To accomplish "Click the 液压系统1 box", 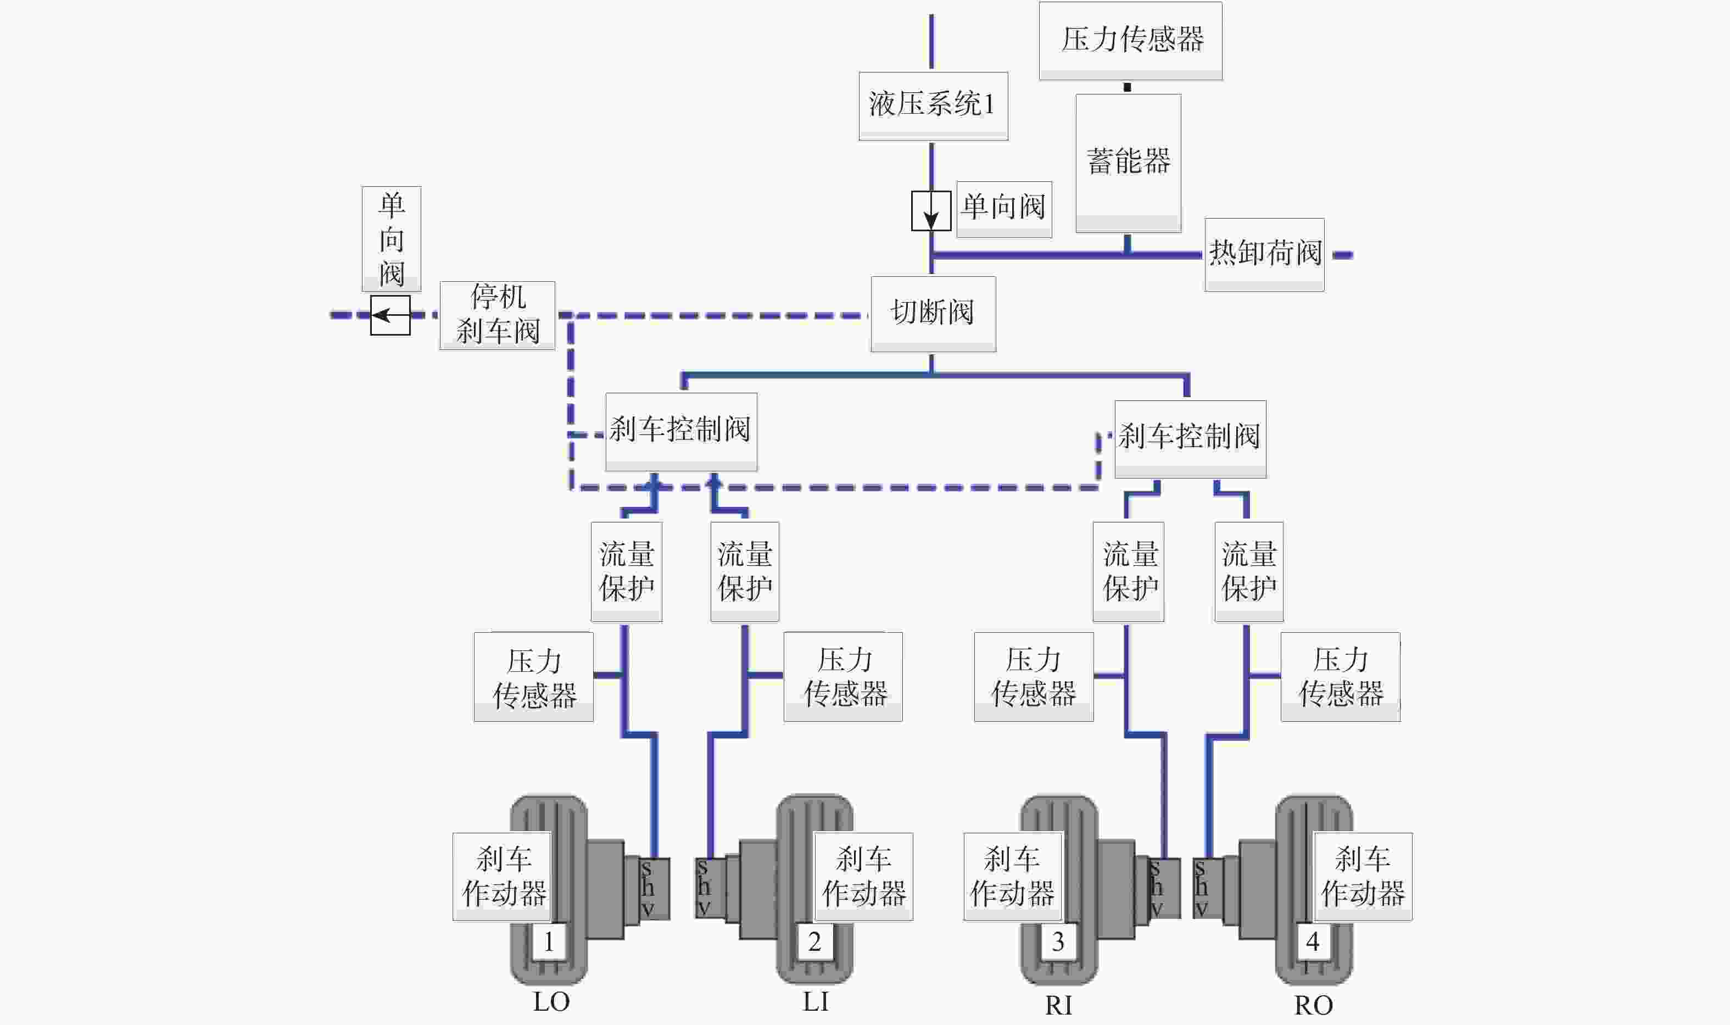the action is [x=933, y=105].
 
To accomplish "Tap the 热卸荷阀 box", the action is [x=1264, y=254].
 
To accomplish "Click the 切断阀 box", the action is [x=933, y=314].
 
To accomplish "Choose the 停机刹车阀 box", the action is [x=497, y=315].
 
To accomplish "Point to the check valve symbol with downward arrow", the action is [x=931, y=211].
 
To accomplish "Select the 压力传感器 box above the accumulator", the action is [x=1131, y=41].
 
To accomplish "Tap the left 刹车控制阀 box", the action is [x=682, y=432].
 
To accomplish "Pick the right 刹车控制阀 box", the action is [x=1191, y=438].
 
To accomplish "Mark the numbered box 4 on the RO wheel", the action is [x=1313, y=942].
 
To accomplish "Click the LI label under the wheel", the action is [x=816, y=1001].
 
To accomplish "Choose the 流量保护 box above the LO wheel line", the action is [x=627, y=572].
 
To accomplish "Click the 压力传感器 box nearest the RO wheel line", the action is [x=1341, y=677].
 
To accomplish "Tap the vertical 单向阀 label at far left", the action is [x=392, y=239].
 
